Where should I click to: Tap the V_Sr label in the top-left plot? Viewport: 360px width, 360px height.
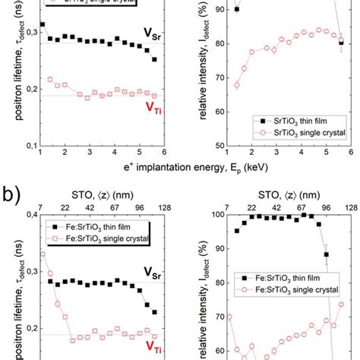(x=153, y=33)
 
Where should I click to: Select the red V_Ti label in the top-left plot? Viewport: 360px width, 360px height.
(x=153, y=107)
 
